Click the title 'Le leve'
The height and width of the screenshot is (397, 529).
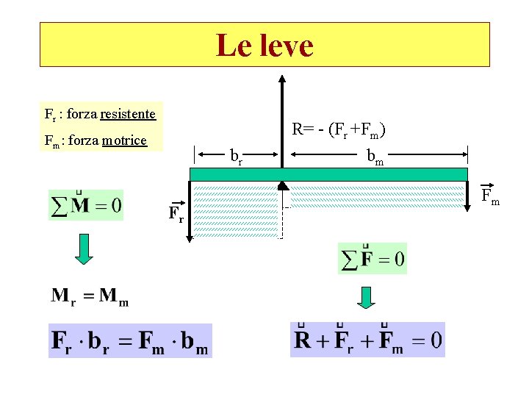coord(264,46)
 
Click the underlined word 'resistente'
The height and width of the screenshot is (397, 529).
coord(128,114)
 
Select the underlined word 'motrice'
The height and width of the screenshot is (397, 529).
coord(124,140)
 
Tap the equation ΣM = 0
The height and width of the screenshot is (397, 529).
coord(86,204)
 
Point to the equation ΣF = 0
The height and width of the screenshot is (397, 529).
coord(372,259)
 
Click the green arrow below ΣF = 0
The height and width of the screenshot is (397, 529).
coord(366,297)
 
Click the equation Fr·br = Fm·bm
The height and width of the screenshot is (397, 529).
coord(130,341)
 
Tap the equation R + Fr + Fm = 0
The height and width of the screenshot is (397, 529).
coord(367,340)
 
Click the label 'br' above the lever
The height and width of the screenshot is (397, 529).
coord(236,157)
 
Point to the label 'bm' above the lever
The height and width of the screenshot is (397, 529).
coord(375,157)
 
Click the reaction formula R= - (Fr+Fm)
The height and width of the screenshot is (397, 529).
coord(339,131)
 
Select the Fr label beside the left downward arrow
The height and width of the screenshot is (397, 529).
coord(176,215)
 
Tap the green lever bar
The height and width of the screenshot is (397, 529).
coord(328,174)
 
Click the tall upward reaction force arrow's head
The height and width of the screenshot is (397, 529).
coord(283,80)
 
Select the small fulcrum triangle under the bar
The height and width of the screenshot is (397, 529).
coord(282,185)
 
